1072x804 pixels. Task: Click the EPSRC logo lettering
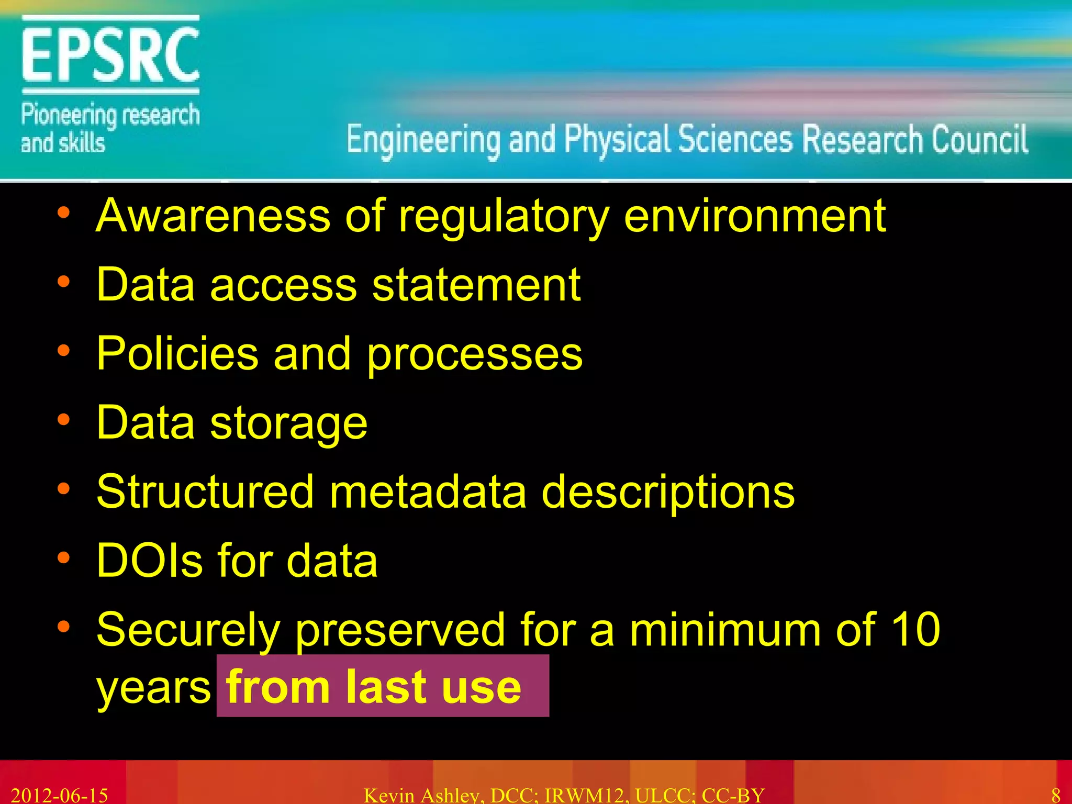tap(110, 55)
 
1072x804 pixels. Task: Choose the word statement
tap(476, 285)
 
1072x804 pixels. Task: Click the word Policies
tap(177, 354)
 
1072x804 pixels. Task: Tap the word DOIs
tap(150, 561)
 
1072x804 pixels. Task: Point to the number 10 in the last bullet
tap(915, 629)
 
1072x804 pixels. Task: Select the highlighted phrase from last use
tap(374, 686)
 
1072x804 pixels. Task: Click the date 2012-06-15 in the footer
tap(59, 795)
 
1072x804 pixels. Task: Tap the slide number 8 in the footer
tap(1056, 795)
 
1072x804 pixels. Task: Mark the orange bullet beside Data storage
tap(63, 420)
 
